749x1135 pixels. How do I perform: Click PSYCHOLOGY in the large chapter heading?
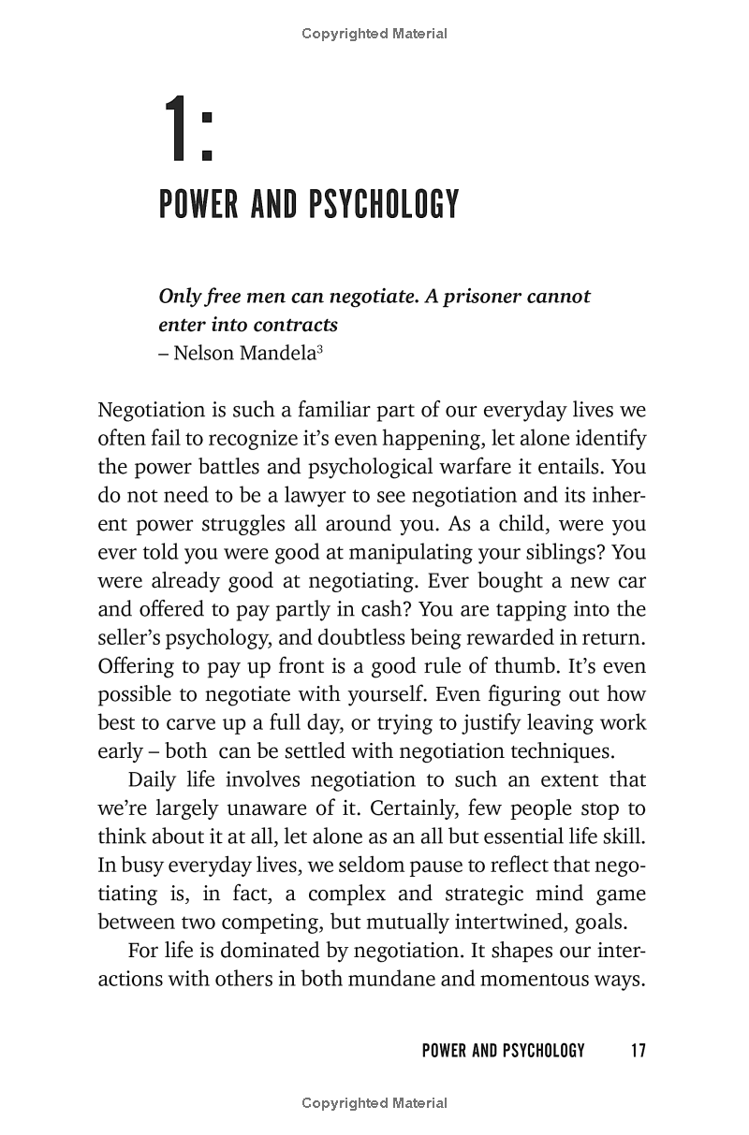point(383,203)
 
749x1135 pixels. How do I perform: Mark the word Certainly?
point(394,808)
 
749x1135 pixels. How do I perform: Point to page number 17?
point(638,1051)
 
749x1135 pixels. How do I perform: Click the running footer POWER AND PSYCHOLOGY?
point(503,1051)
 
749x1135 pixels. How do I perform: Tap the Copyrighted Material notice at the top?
point(374,34)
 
